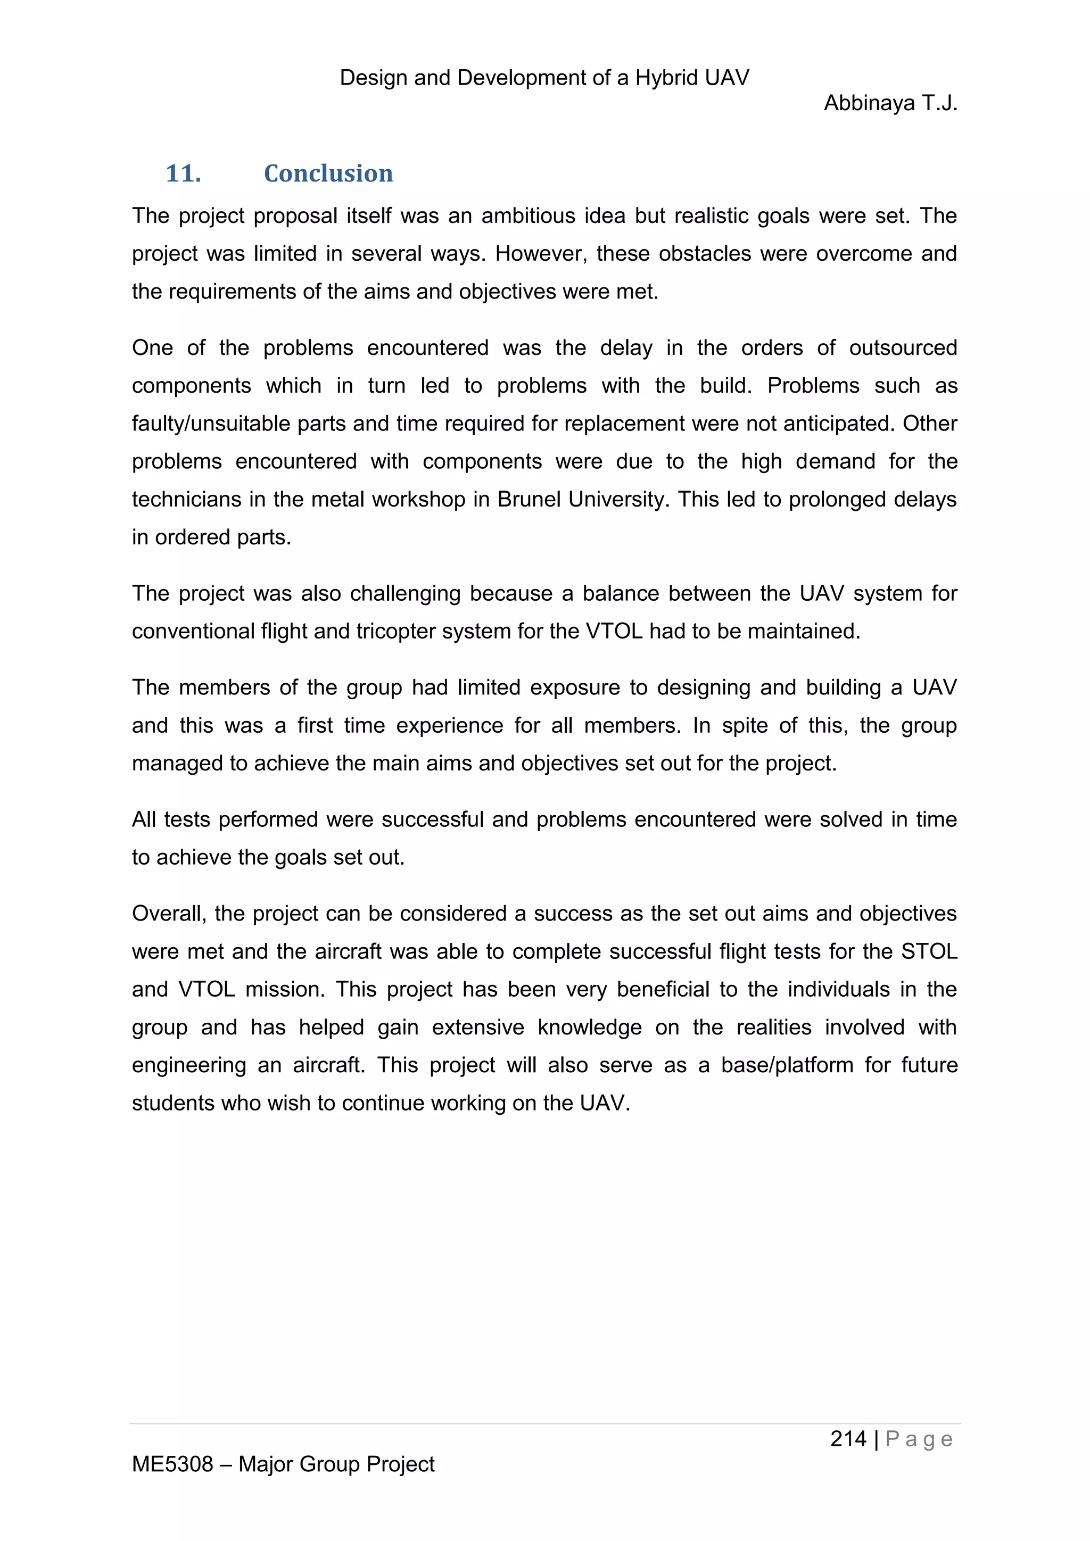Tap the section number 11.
(183, 174)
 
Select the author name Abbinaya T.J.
(890, 103)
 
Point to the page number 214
(848, 1438)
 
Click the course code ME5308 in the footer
(172, 1464)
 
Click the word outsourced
(903, 347)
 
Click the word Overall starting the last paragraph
(169, 914)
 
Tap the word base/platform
(786, 1065)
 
